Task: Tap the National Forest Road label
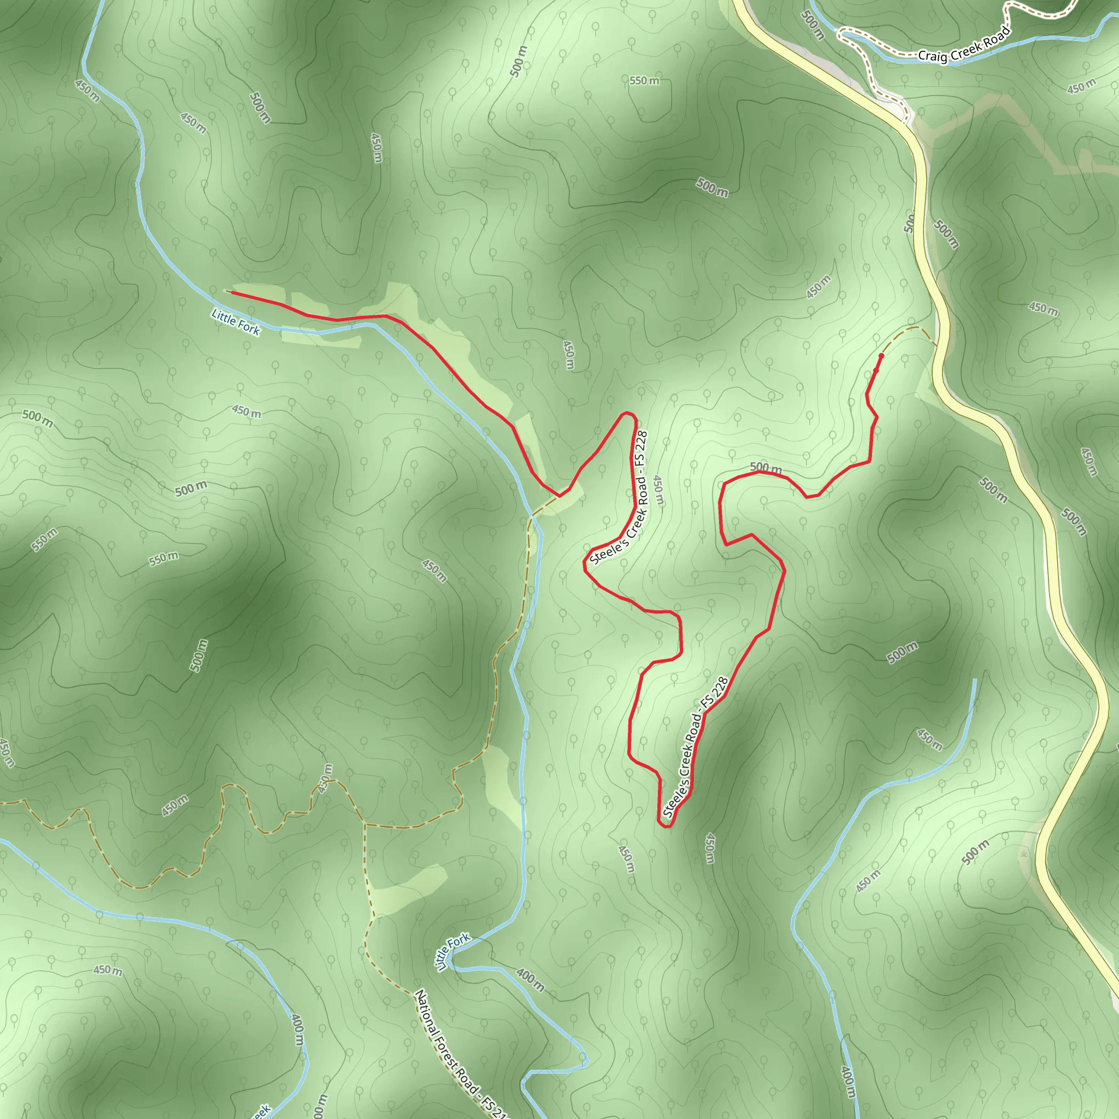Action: [461, 1054]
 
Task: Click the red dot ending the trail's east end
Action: [881, 356]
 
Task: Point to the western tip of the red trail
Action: [232, 292]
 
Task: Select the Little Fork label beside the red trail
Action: [235, 322]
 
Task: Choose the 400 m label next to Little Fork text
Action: [530, 980]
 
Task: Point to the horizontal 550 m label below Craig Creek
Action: [644, 80]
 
